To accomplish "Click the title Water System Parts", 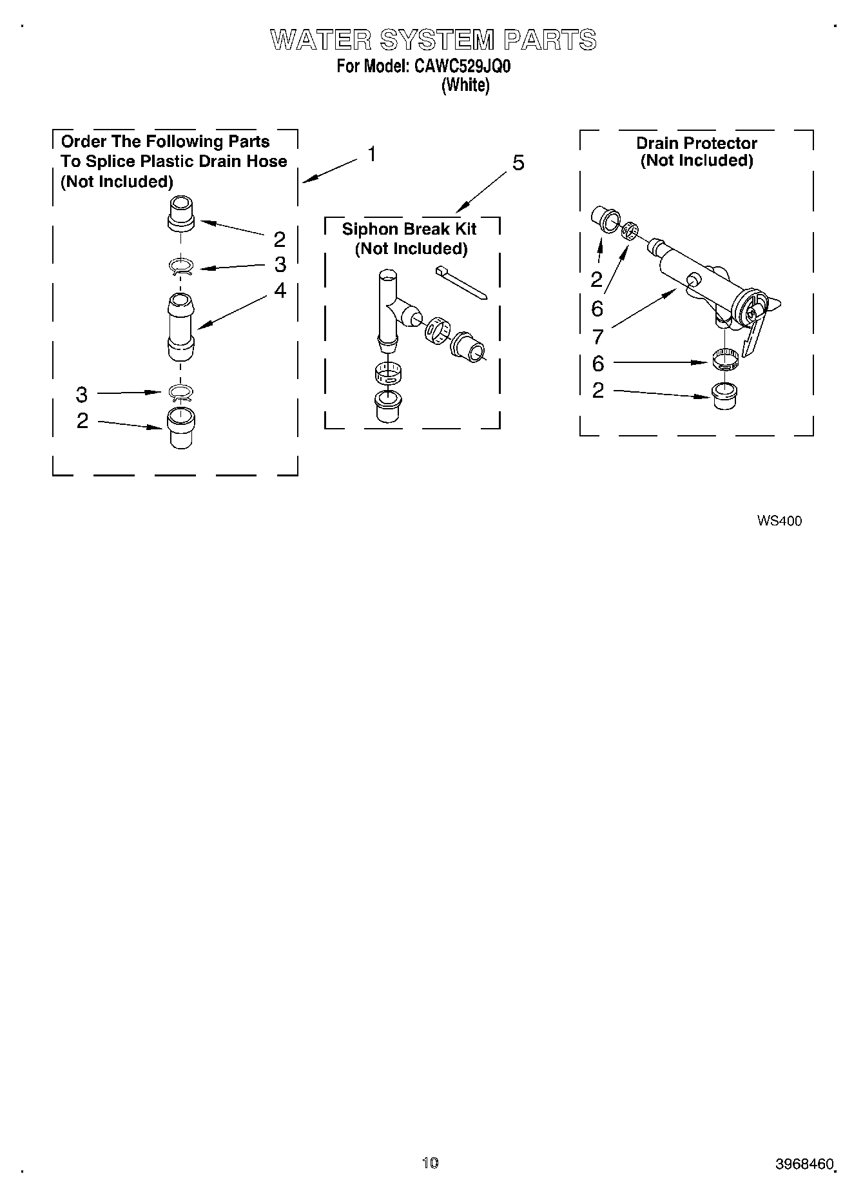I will [433, 41].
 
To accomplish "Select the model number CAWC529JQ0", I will [462, 66].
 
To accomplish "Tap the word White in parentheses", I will [465, 85].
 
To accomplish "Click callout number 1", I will [372, 155].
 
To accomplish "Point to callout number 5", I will [518, 164].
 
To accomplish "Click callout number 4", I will [280, 291].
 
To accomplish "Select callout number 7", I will [597, 337].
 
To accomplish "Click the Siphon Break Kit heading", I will [409, 229].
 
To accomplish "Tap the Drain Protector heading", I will [697, 143].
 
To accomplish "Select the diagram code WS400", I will [779, 521].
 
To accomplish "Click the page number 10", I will [430, 1163].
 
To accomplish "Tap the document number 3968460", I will [804, 1164].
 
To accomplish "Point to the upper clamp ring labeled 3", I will [181, 266].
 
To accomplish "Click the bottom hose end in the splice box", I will [181, 426].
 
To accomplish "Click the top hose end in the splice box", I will [180, 215].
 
